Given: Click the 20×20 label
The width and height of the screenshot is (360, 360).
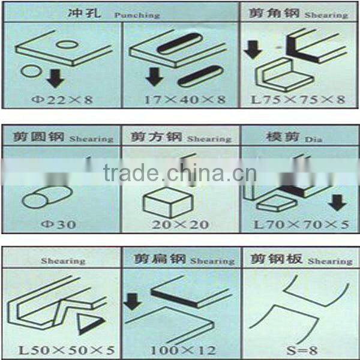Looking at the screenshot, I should pos(171,224).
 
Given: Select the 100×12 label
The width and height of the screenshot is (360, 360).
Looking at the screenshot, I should pos(182,348).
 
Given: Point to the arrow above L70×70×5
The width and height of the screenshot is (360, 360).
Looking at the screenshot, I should pos(337,203).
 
